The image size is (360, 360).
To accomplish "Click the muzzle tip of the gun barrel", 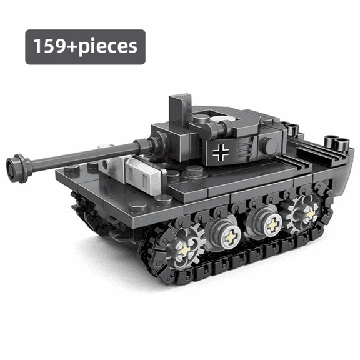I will [14, 167].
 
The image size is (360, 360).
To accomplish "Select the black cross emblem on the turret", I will [221, 152].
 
